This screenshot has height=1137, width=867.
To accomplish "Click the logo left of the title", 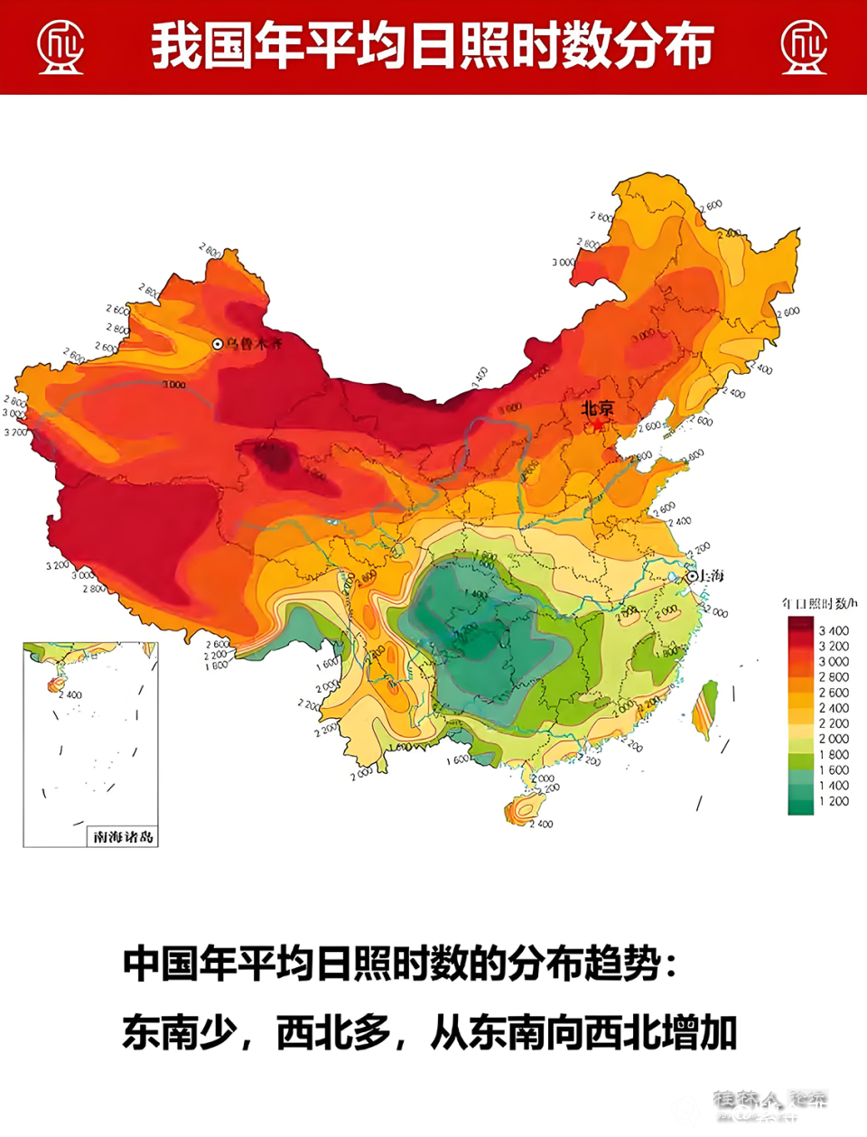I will coord(61,47).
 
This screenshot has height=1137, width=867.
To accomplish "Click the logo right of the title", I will coord(804,47).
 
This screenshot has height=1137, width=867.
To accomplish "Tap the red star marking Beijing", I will coord(597,424).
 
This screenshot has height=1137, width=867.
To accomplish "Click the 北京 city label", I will coord(597,408).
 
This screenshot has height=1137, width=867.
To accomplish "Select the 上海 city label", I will coord(711,576).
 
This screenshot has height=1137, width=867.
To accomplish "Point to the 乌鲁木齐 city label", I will coord(255,344).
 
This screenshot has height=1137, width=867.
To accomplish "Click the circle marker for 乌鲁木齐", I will coord(218,344).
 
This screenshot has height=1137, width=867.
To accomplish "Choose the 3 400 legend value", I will coord(834,630).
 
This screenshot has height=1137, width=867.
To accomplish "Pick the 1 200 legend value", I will coord(834,801).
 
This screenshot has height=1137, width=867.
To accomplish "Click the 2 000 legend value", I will coord(834,739).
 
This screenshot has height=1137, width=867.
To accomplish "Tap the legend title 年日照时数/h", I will coord(819,603).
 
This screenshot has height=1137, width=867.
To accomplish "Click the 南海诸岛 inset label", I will coord(124,837).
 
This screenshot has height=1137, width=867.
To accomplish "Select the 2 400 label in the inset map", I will coord(70,694).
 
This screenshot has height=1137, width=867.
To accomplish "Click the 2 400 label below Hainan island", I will coord(542,824).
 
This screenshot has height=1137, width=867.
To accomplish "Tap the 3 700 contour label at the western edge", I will coord(16,432).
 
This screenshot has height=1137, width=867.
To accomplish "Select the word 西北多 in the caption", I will coord(333,1033).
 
